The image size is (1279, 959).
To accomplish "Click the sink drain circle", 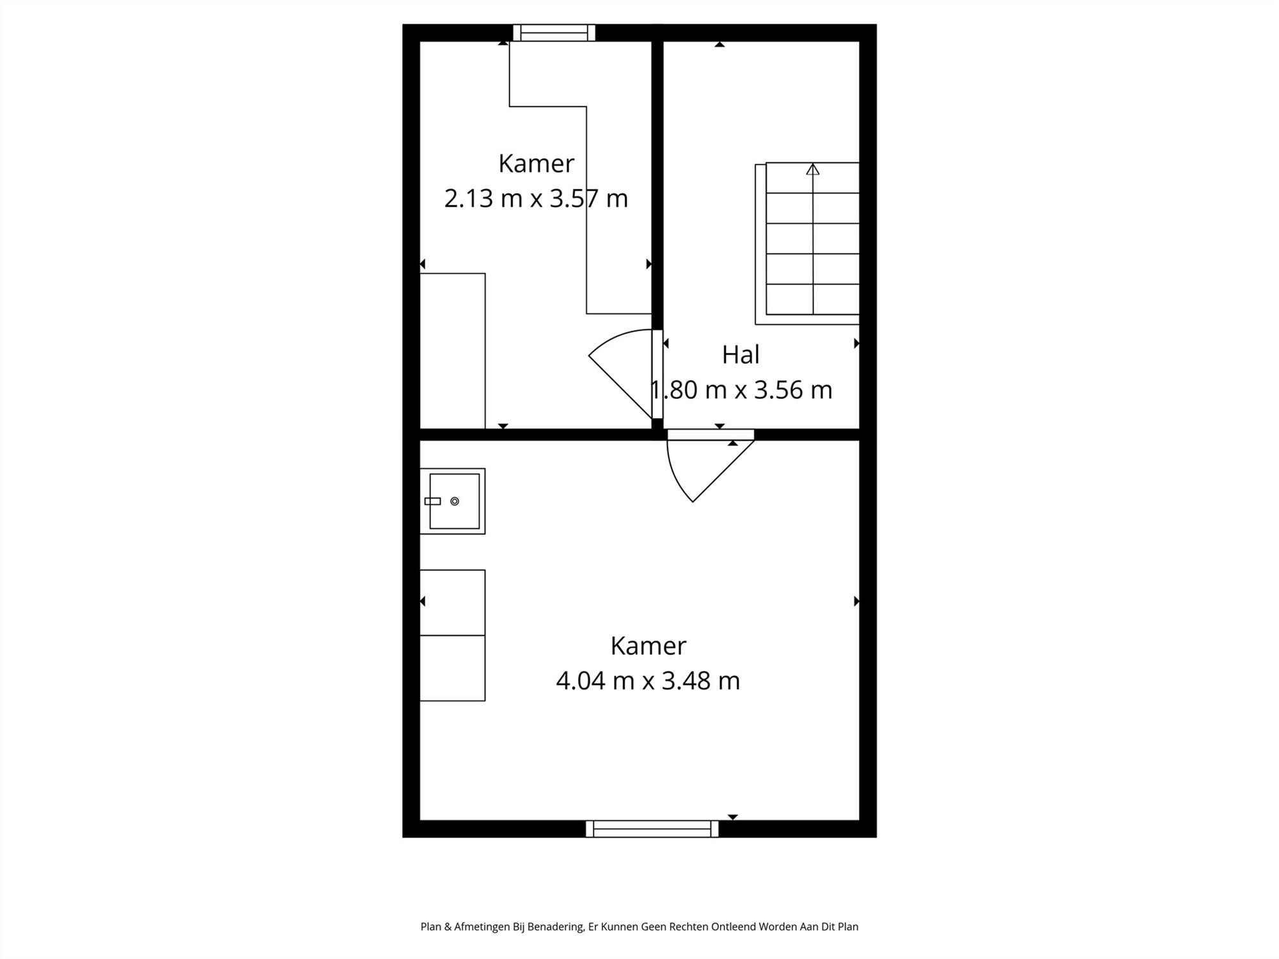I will point(455,501).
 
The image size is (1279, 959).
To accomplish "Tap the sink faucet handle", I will point(433,501).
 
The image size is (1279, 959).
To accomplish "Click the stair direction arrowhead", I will point(813,169).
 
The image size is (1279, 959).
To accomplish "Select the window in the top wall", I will point(554,33).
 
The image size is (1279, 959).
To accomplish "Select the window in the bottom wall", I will point(652,829).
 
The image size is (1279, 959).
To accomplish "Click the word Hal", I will point(741,355).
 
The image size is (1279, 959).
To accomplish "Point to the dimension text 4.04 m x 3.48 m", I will point(648,681).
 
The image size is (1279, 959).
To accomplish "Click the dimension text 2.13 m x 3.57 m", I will point(536,199).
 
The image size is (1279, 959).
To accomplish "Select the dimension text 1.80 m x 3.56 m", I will point(742,390).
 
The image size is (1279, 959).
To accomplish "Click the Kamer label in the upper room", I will point(536,164).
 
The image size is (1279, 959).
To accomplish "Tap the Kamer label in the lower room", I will point(648,646).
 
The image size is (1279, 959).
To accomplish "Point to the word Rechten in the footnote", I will point(689,926).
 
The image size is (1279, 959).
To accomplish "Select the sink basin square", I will point(455,501).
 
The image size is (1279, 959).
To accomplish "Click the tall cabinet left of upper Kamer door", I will point(452,350).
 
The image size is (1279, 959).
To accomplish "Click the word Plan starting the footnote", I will point(431,926).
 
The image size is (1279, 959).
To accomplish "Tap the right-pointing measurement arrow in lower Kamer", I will point(856,601).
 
